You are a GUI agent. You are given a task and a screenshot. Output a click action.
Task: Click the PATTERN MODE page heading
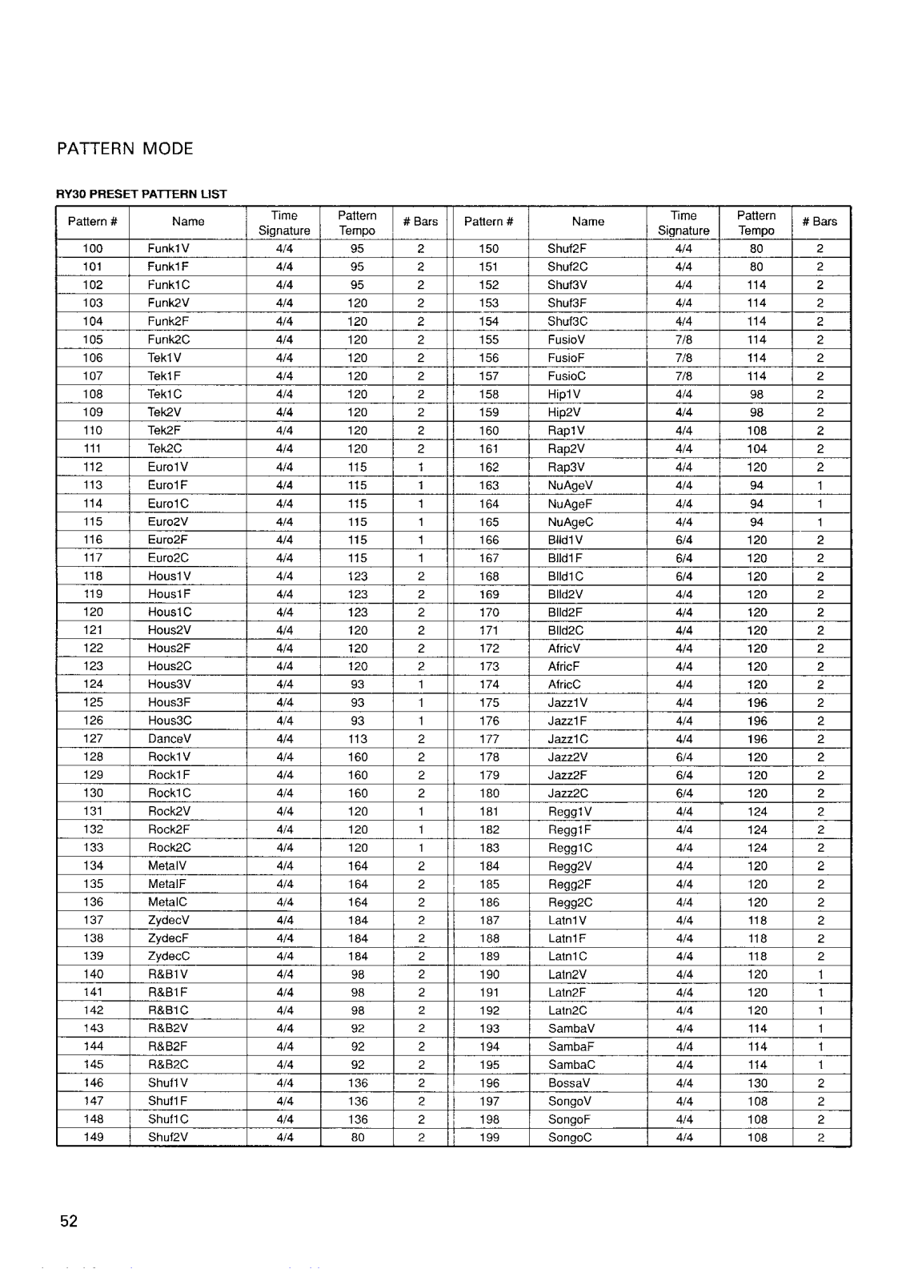[125, 149]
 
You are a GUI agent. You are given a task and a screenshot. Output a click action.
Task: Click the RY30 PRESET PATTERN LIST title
[142, 194]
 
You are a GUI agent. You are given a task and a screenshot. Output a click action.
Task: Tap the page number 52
[69, 1221]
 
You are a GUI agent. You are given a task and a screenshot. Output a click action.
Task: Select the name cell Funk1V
[169, 248]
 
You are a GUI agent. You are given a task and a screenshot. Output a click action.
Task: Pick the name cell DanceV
[170, 739]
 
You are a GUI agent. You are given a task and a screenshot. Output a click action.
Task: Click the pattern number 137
[93, 920]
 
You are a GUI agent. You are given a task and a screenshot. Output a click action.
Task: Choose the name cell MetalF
[167, 884]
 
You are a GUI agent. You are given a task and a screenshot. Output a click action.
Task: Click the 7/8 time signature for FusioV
[684, 339]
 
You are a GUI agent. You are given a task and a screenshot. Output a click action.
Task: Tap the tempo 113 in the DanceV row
[358, 739]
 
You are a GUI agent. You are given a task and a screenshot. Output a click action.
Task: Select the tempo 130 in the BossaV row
[757, 1083]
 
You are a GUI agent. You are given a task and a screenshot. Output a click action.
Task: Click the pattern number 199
[489, 1137]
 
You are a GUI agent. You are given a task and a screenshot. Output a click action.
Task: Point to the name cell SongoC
[570, 1137]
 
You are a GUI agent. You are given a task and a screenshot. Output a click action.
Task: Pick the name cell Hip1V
[564, 394]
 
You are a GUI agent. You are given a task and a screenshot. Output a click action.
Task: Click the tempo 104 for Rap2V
[757, 448]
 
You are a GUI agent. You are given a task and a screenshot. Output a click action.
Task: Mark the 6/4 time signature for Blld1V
[684, 540]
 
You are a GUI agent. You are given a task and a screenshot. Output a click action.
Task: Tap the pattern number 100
[93, 248]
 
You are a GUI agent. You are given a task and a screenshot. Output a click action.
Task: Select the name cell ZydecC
[169, 956]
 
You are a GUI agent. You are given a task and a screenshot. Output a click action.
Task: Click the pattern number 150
[489, 248]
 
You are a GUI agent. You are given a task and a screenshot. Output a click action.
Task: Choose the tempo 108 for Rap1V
[757, 430]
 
